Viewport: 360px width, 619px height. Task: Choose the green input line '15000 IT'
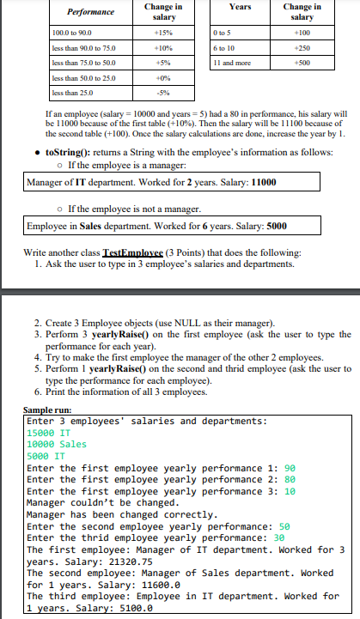[x=50, y=433]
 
